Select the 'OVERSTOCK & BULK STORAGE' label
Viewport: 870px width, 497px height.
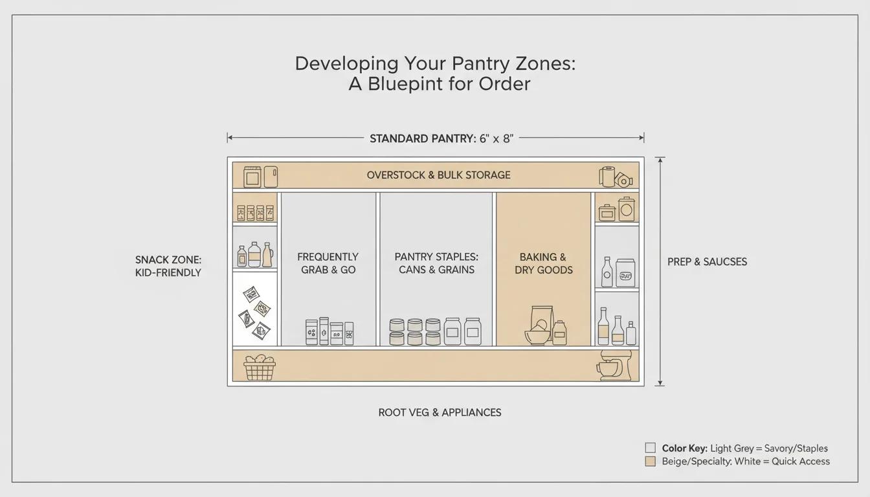pyautogui.click(x=438, y=175)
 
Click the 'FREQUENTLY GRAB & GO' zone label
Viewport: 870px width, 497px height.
pyautogui.click(x=328, y=263)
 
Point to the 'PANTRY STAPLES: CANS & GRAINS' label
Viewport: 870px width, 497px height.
pyautogui.click(x=436, y=263)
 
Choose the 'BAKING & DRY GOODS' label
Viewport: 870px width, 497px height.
pyautogui.click(x=543, y=263)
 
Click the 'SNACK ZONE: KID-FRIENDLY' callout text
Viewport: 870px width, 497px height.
pyautogui.click(x=168, y=266)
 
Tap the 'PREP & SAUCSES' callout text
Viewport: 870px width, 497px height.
pyautogui.click(x=707, y=262)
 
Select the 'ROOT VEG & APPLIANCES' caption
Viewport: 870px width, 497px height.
pyautogui.click(x=440, y=412)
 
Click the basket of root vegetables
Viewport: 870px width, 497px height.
pyautogui.click(x=259, y=367)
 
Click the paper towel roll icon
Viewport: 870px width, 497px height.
pyautogui.click(x=607, y=176)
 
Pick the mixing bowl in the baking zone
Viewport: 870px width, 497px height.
pyautogui.click(x=536, y=337)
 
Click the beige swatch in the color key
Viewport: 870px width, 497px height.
pyautogui.click(x=651, y=461)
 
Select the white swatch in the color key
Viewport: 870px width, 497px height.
pyautogui.click(x=651, y=448)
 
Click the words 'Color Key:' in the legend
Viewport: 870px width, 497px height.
pyautogui.click(x=684, y=448)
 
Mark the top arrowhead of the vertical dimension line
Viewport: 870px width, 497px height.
pyautogui.click(x=660, y=159)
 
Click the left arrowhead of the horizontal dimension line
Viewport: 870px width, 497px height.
pyautogui.click(x=229, y=138)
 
